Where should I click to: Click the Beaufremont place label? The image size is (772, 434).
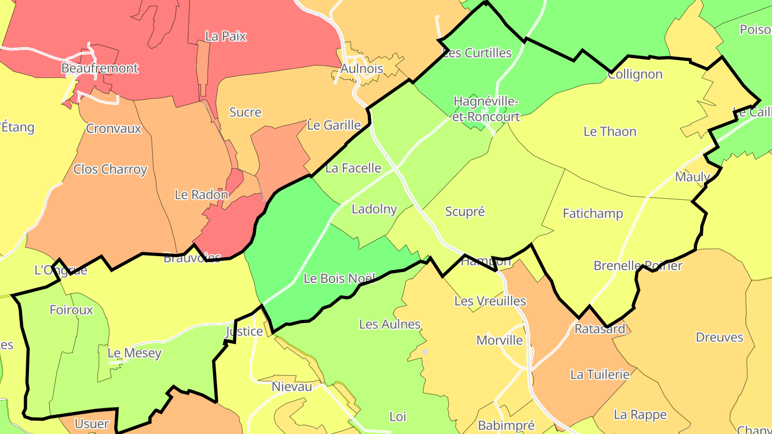(x=100, y=69)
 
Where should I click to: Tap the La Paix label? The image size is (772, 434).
(x=226, y=36)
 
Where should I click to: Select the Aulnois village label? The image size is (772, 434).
(x=362, y=69)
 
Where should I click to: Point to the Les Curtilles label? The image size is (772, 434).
(x=477, y=53)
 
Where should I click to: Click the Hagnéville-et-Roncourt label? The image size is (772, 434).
(x=486, y=109)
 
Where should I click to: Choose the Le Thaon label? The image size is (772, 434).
(x=610, y=131)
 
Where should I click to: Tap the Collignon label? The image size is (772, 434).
(x=635, y=74)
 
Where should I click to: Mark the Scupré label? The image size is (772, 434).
(x=465, y=212)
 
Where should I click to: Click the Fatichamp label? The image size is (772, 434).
(x=592, y=214)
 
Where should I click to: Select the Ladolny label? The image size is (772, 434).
(x=374, y=209)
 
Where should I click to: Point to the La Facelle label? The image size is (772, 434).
(x=353, y=168)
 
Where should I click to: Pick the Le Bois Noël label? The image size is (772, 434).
(x=339, y=279)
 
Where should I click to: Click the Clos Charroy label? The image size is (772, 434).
(x=110, y=169)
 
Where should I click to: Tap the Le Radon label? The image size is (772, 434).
(x=201, y=194)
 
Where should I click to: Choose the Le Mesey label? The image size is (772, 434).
(x=134, y=353)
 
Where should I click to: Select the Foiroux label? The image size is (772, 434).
(x=71, y=310)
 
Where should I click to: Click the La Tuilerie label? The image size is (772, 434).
(x=599, y=375)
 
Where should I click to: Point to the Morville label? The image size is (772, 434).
(x=499, y=340)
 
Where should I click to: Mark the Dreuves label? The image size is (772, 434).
(x=719, y=338)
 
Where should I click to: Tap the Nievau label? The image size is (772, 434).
(x=292, y=387)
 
